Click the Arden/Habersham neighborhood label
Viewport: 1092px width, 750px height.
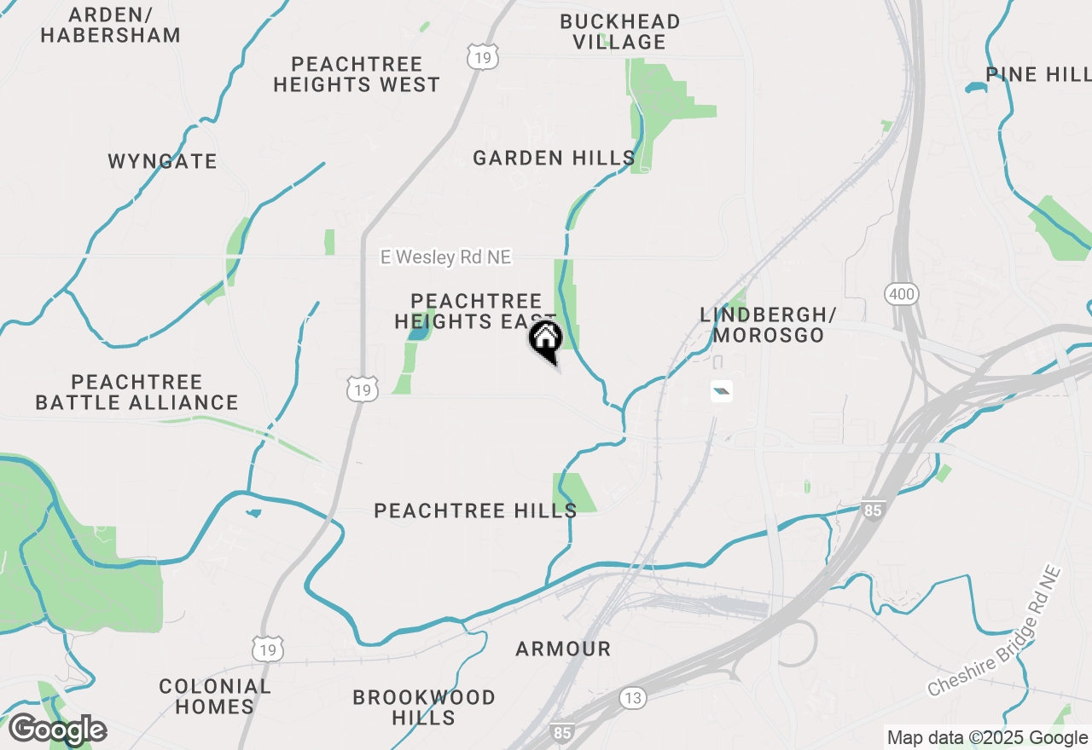point(111,26)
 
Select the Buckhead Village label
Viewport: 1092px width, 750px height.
point(619,32)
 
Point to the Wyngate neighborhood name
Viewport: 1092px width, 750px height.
point(162,161)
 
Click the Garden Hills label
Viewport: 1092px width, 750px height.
point(554,158)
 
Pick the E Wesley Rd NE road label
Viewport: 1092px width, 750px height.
point(446,257)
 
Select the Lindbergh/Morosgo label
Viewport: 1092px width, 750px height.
point(768,325)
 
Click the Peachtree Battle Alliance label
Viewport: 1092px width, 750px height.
point(136,392)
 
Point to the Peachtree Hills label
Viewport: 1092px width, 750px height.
point(475,511)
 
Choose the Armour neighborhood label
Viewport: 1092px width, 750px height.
point(563,649)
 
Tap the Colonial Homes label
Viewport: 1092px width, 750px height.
point(215,696)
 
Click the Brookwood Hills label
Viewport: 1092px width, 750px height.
point(424,707)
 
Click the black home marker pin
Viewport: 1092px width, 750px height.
point(546,340)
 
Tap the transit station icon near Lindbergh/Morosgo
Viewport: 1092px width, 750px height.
point(722,391)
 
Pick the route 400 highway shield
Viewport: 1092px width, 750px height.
point(902,295)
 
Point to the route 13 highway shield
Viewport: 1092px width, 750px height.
point(632,698)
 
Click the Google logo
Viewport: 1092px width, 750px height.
point(56,730)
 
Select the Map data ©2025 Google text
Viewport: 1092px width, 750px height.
point(986,738)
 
